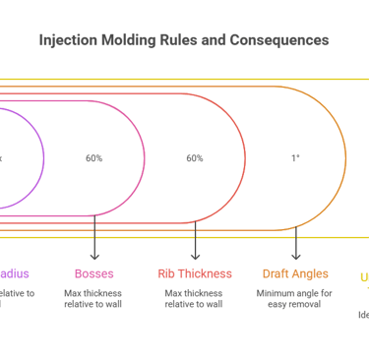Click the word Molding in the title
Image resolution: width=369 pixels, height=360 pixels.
124,41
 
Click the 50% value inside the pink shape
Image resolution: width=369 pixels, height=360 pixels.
93,157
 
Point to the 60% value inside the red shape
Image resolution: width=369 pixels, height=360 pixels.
195,157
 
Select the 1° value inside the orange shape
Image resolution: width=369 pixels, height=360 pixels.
295,157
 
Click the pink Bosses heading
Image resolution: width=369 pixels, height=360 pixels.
94,273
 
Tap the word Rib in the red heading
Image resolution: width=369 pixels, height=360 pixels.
167,273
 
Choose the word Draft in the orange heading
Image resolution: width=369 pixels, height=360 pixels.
277,273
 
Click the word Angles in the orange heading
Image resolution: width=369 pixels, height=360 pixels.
311,273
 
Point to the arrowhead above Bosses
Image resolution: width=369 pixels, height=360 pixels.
94,256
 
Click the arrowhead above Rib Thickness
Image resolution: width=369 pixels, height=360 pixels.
195,256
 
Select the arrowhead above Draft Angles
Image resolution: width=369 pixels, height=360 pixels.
295,256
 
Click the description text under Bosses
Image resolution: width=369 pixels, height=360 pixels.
94,298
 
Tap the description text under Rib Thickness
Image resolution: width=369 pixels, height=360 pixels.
195,298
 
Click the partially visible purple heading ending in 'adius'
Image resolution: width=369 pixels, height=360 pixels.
15,273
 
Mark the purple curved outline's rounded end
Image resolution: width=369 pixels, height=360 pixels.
44,157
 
